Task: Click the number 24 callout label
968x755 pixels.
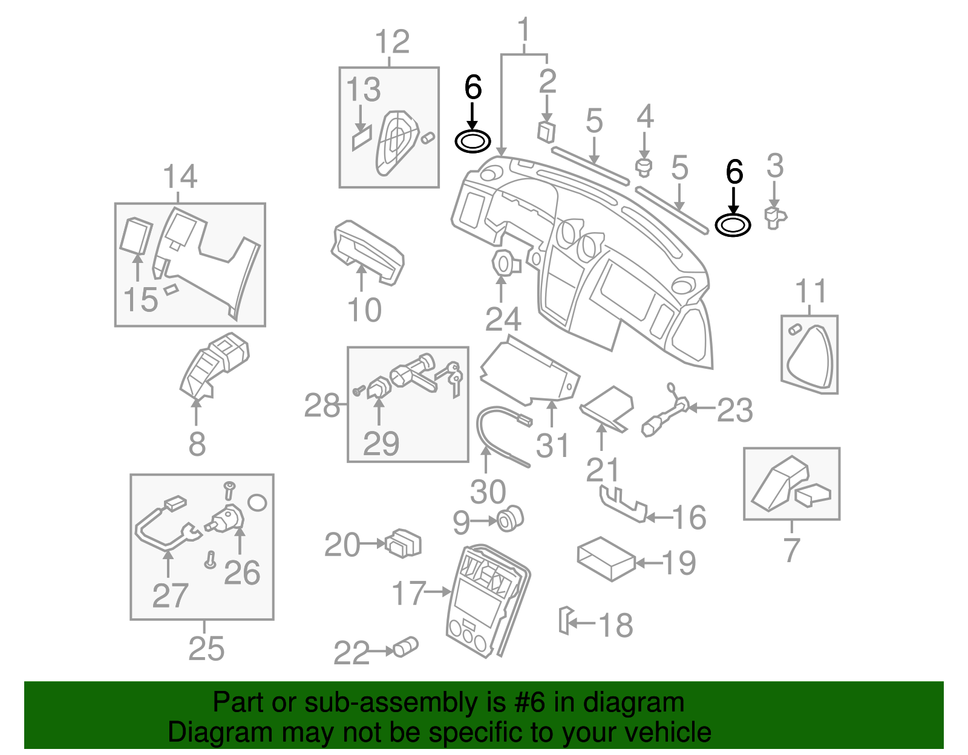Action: (x=503, y=319)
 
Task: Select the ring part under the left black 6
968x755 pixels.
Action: (x=473, y=142)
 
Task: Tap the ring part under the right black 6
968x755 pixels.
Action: (x=733, y=225)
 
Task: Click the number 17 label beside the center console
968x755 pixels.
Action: (x=409, y=593)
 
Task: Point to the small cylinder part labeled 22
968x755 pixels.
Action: (x=406, y=647)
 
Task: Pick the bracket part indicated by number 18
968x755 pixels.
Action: (x=564, y=621)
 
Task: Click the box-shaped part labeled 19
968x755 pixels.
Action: (x=606, y=559)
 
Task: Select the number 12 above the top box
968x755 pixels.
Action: (x=392, y=42)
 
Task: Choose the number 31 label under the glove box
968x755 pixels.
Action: (x=552, y=446)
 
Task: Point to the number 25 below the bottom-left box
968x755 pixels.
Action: (x=206, y=649)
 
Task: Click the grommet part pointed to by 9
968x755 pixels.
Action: (x=509, y=519)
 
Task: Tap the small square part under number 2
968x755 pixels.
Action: (x=546, y=131)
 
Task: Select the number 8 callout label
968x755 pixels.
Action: (x=197, y=444)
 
